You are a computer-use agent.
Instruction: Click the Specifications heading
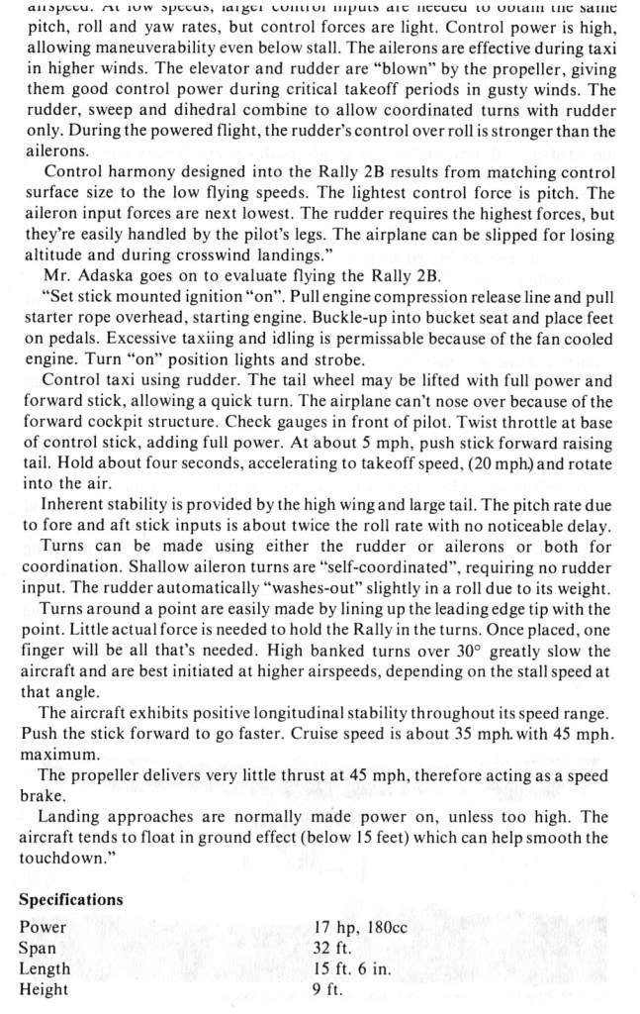[71, 899]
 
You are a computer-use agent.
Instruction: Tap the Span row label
[39, 948]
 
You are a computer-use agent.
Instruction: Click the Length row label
[46, 968]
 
